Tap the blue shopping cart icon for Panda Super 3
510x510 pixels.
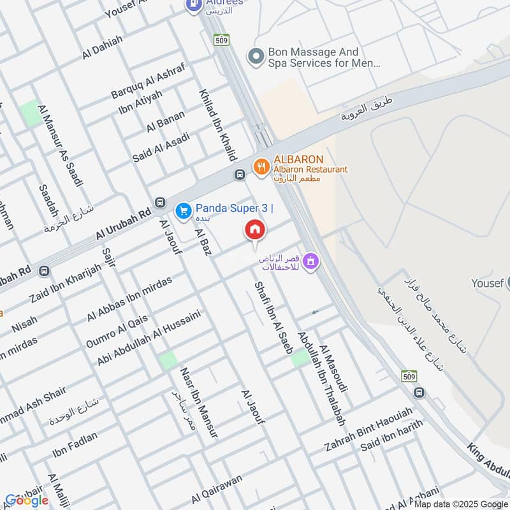184,209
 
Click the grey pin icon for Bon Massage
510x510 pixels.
256,57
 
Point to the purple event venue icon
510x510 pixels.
310,260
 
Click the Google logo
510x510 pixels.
27,500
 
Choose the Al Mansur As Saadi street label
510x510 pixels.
61,146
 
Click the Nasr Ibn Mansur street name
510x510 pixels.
199,402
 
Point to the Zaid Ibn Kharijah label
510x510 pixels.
66,282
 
